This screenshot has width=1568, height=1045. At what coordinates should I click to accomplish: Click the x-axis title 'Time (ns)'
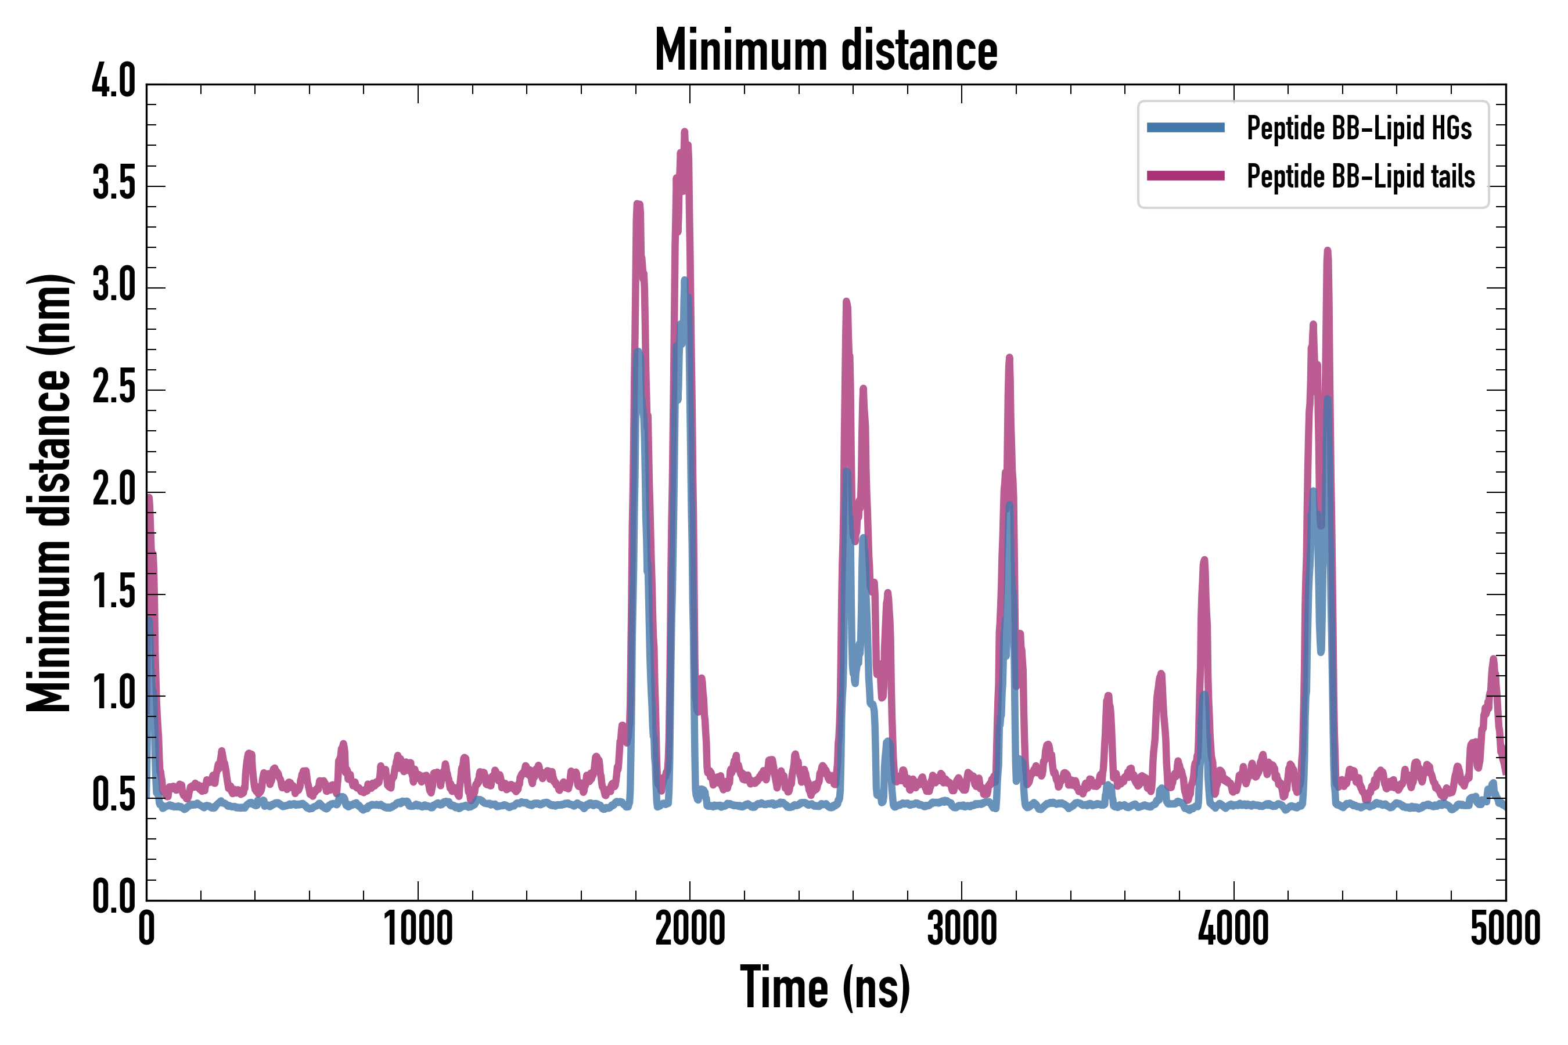(x=825, y=988)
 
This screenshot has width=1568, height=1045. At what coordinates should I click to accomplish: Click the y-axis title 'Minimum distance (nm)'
(x=48, y=493)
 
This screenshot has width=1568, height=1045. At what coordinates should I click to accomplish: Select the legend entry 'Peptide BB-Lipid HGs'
(x=1359, y=128)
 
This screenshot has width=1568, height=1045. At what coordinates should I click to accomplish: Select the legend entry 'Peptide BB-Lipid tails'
(x=1360, y=176)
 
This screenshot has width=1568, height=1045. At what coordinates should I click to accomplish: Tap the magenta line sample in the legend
(x=1185, y=176)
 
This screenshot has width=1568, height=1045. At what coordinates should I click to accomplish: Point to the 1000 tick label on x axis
(x=418, y=928)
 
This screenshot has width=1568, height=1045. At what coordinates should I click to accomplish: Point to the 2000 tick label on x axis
(x=690, y=928)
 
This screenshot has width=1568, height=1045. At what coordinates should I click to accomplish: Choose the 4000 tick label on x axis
(x=1233, y=928)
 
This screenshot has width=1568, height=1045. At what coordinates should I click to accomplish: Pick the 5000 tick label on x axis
(x=1505, y=928)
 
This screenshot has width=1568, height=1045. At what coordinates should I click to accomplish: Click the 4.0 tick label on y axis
(x=113, y=82)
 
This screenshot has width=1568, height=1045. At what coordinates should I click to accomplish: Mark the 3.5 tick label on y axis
(x=113, y=184)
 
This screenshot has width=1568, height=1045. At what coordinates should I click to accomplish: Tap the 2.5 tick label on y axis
(x=113, y=388)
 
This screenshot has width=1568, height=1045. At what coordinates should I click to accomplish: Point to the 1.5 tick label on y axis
(x=113, y=592)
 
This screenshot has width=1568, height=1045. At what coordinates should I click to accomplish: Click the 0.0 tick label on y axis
(x=113, y=896)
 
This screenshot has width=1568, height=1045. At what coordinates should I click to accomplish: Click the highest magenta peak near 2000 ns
(x=685, y=132)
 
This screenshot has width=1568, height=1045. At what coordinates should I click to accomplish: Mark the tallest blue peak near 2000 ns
(x=685, y=280)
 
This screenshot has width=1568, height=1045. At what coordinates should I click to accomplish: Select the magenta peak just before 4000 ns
(x=1204, y=560)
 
